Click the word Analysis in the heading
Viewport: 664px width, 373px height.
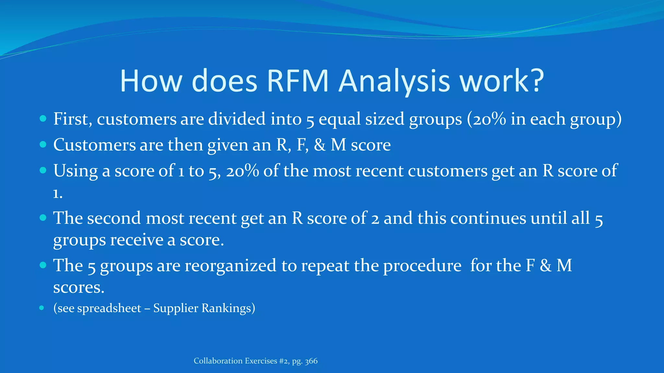click(394, 81)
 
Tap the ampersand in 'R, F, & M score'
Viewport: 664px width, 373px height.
click(320, 145)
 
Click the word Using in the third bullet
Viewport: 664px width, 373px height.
click(75, 171)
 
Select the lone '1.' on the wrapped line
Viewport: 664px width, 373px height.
click(58, 194)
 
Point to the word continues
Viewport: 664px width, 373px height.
click(488, 218)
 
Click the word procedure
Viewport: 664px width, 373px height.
click(422, 266)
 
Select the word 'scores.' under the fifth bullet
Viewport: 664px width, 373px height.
click(78, 287)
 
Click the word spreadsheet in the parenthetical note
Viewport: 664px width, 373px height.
click(109, 308)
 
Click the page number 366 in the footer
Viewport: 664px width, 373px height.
click(311, 361)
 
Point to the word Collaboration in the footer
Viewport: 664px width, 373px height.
click(218, 361)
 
